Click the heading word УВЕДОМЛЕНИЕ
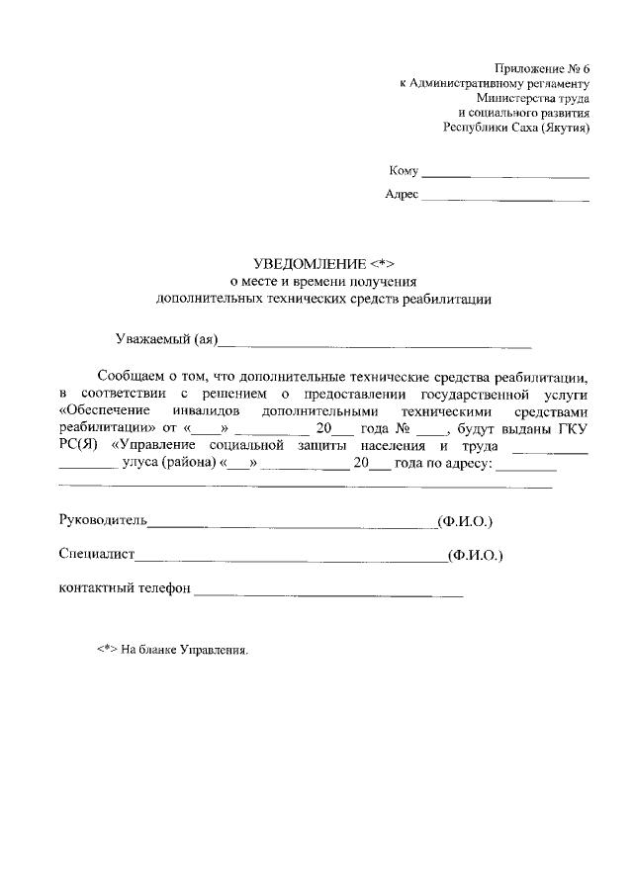(309, 264)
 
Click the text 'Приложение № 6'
(542, 68)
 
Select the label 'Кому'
(405, 171)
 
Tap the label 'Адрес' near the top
(402, 194)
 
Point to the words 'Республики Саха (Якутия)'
(516, 128)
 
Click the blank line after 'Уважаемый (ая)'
(375, 346)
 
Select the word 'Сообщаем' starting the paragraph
(131, 376)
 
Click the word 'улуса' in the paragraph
(142, 463)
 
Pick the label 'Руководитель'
(103, 520)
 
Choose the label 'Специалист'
(97, 556)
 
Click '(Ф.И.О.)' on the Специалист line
(475, 556)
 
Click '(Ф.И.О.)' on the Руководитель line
(465, 520)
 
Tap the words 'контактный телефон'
(124, 589)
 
